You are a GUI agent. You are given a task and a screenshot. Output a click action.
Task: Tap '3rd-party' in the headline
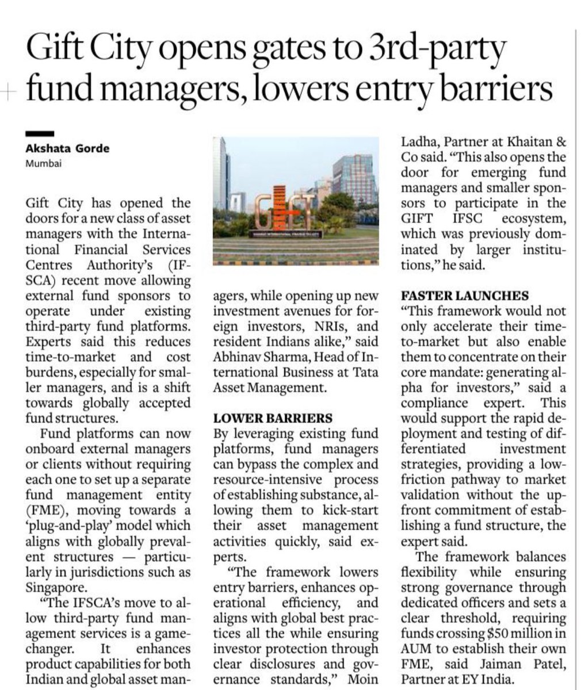437,50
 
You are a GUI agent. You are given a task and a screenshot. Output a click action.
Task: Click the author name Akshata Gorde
67,149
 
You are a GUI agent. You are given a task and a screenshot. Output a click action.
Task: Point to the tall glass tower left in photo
221,172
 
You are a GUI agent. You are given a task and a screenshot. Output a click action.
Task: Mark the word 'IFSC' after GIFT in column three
464,218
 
